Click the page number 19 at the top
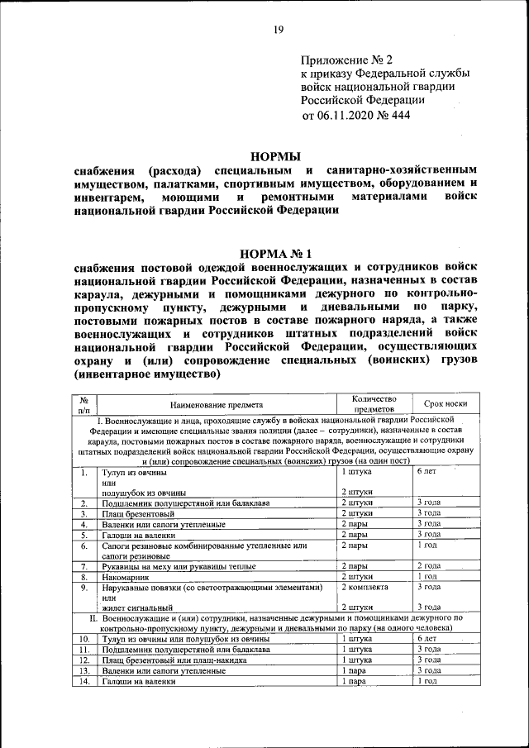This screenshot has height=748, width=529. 279,31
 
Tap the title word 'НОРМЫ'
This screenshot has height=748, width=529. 276,155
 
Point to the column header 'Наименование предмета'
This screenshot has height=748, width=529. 217,405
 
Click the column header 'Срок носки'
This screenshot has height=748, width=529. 446,404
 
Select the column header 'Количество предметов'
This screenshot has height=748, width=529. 374,404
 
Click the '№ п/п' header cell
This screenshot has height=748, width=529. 84,404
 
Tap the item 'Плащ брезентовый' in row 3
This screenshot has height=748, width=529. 137,513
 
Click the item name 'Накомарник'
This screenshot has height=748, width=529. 127,577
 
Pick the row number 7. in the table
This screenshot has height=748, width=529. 84,566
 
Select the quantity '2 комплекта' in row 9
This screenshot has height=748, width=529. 365,588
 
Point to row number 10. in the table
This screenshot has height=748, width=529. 84,640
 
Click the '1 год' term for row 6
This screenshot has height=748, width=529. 427,546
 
